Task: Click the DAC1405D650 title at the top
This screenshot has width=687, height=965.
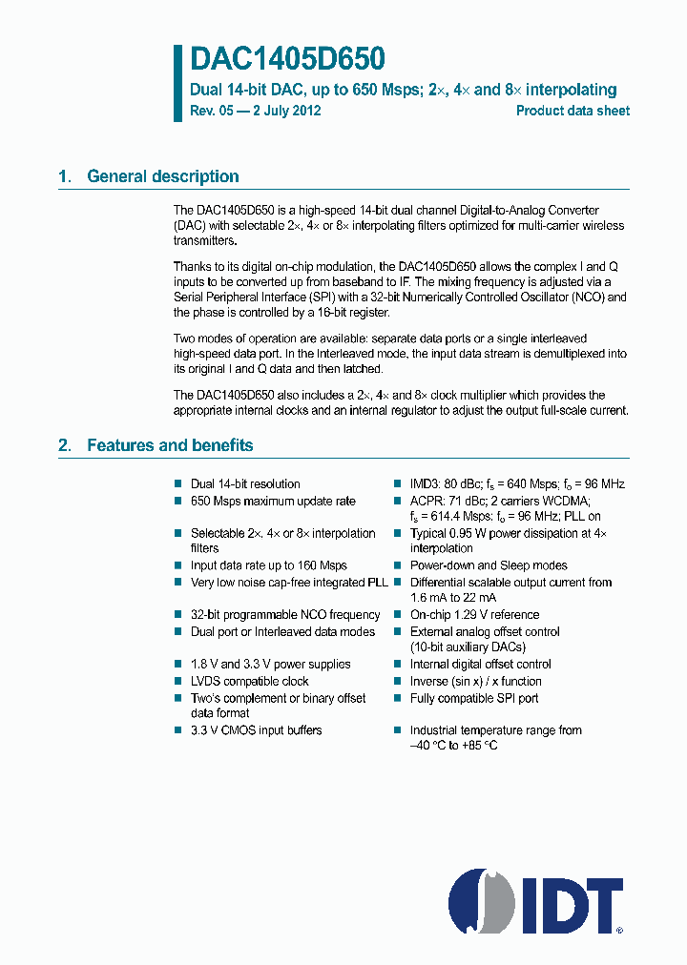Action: coord(287,60)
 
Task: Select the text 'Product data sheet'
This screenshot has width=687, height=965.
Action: coord(572,111)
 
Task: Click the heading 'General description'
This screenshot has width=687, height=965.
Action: coord(162,176)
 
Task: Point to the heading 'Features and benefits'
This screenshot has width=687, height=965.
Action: coord(170,445)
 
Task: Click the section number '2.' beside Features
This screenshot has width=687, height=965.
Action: coord(65,445)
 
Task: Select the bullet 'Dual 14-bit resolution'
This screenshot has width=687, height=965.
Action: coord(245,484)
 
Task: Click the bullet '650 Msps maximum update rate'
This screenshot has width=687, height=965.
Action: coord(273,501)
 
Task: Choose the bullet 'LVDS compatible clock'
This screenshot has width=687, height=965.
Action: coord(250,682)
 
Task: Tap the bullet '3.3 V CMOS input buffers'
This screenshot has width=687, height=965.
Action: coord(256,730)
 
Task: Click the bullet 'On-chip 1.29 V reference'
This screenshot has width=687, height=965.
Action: coord(474,615)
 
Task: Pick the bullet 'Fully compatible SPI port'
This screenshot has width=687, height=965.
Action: coord(474,698)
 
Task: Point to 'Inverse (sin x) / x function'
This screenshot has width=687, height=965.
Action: coord(475,682)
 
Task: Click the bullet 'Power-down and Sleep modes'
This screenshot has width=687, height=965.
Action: coord(489,565)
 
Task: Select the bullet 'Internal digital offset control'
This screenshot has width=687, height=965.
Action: coord(480,665)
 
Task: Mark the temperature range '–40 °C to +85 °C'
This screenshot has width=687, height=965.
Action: coord(453,745)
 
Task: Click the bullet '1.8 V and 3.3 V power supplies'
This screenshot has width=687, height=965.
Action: coord(270,665)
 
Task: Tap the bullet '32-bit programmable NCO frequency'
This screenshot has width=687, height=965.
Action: coord(285,615)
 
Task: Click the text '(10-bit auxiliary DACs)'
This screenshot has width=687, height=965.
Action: coord(468,647)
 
